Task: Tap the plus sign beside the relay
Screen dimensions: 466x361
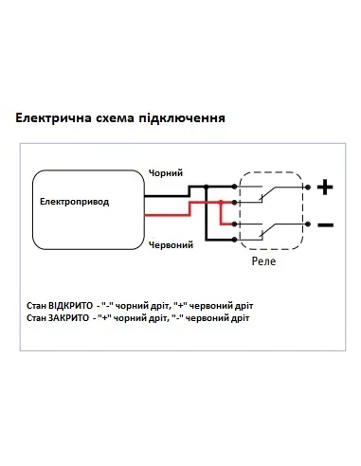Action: click(x=325, y=188)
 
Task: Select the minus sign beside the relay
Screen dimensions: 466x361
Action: click(x=325, y=224)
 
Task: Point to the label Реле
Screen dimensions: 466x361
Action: click(x=263, y=258)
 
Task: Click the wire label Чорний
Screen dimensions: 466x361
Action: click(x=165, y=173)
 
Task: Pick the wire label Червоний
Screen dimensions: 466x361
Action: click(x=171, y=244)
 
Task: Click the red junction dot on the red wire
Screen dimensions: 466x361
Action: click(x=220, y=203)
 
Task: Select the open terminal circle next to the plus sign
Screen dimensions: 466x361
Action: click(x=307, y=188)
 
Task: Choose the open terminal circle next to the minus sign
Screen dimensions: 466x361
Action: click(x=307, y=224)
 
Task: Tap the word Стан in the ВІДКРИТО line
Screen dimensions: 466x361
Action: click(x=38, y=306)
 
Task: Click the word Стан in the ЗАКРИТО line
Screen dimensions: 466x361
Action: click(x=38, y=319)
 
